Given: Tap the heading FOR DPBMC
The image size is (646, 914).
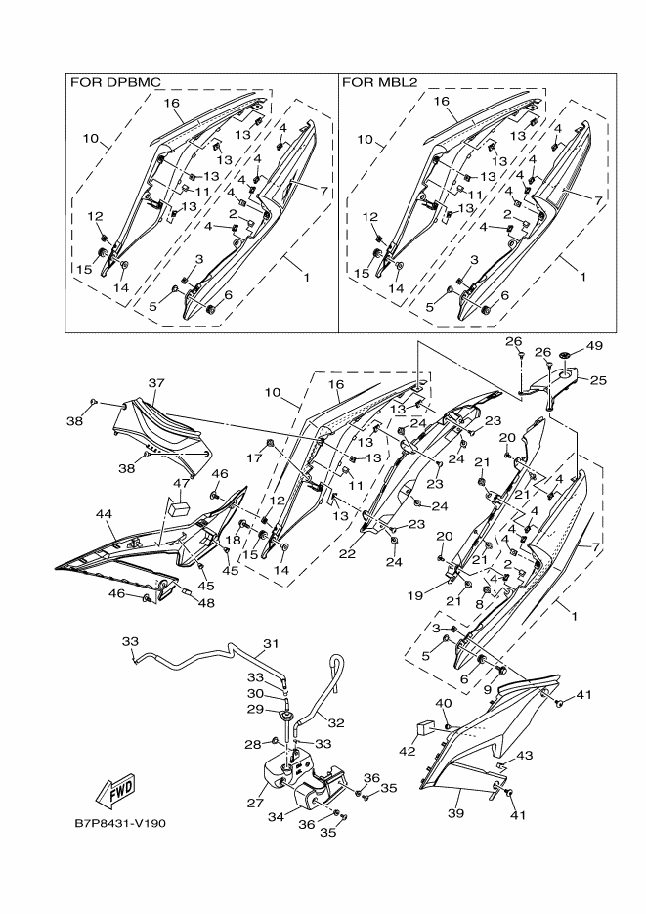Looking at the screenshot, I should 115,82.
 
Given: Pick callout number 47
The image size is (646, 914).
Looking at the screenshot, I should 182,484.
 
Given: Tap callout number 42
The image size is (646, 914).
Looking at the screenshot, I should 406,751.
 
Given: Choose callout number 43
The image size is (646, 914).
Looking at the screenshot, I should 524,756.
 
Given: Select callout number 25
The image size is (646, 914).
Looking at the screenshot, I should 597,379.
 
